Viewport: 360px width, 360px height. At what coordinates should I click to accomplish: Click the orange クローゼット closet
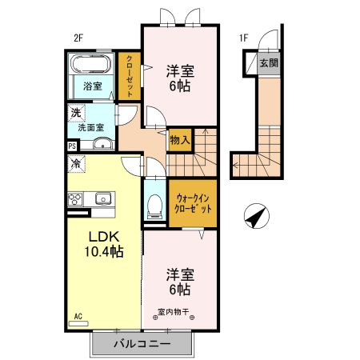click(x=130, y=77)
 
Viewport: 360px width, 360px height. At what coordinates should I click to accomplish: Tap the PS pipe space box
click(x=72, y=146)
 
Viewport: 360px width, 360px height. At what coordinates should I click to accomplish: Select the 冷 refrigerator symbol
click(x=75, y=165)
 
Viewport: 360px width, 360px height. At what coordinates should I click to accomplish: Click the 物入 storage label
click(x=180, y=140)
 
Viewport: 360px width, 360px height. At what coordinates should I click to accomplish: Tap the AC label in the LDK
click(x=79, y=316)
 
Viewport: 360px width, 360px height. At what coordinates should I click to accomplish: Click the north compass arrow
click(x=255, y=215)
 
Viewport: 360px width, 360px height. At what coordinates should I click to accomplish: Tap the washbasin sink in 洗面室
click(x=102, y=145)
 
